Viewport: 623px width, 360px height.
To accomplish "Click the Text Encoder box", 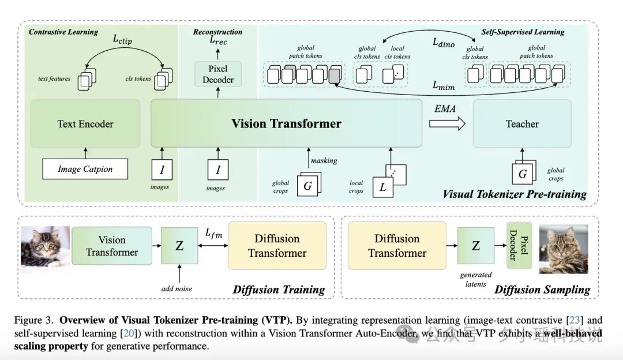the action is tap(85, 123).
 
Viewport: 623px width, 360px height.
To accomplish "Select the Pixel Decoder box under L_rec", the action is tap(218, 74).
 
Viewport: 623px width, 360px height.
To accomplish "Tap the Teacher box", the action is tap(522, 123).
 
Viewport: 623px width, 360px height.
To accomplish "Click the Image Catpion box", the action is tap(85, 169).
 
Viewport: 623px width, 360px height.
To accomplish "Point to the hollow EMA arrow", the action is tap(447, 123).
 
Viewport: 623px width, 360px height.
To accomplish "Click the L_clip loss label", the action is tap(122, 39).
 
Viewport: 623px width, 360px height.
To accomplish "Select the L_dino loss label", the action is tap(444, 43).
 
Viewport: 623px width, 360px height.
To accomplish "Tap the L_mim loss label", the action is tap(444, 85).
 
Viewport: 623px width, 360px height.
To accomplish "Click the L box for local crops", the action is tap(382, 187).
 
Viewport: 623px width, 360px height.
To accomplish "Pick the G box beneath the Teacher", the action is tap(522, 174).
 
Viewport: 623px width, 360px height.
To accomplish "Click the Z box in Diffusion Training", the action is tap(179, 246).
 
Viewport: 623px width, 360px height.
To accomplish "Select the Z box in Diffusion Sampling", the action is tap(475, 246).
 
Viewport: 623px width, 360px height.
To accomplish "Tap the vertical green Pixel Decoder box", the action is tap(519, 245).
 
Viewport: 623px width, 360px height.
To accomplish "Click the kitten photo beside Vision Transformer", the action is tap(46, 247).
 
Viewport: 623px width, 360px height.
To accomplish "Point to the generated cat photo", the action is tap(564, 249).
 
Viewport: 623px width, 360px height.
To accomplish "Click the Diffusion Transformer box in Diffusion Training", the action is tap(277, 246).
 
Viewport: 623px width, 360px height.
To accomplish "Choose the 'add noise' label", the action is tap(177, 289).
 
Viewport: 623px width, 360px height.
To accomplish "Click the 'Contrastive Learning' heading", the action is tap(63, 32).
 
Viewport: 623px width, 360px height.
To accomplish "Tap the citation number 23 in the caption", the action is tap(575, 320).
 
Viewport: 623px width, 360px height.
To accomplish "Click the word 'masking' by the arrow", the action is tap(324, 160).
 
